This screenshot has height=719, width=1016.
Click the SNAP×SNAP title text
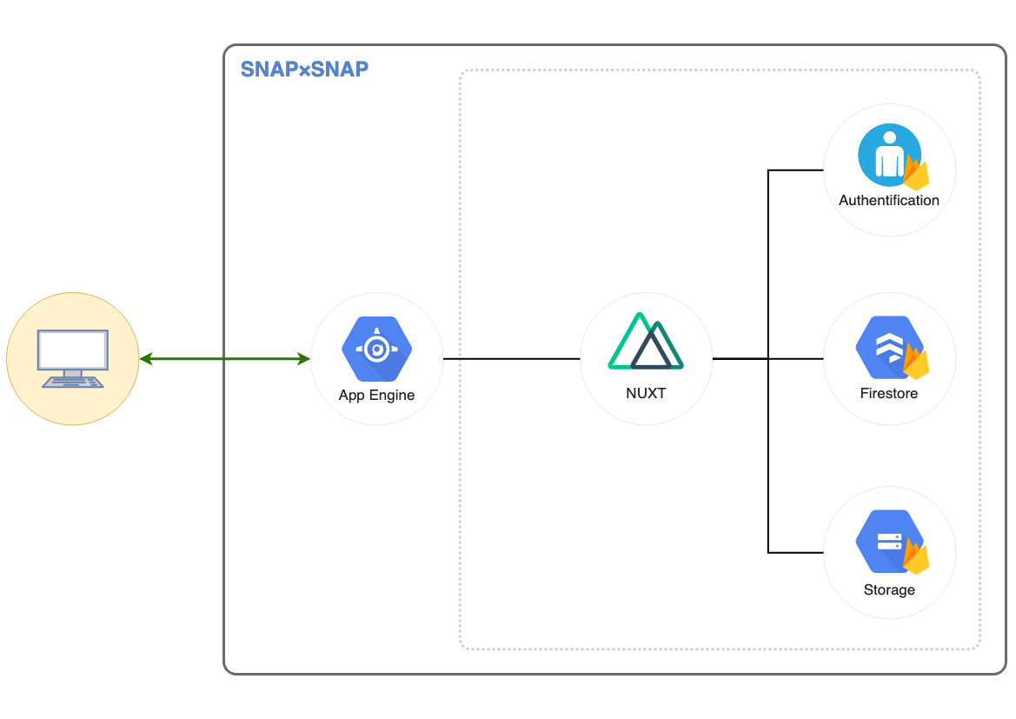point(304,70)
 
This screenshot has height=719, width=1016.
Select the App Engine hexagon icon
point(376,350)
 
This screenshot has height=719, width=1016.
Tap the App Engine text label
point(376,395)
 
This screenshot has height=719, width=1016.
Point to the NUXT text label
point(646,393)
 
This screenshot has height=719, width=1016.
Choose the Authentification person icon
point(887,155)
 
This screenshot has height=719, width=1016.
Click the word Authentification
point(888,200)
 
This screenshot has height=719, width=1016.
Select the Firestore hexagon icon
point(886,349)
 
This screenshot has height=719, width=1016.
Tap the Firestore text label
point(888,393)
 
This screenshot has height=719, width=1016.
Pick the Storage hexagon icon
point(886,543)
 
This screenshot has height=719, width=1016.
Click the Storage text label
point(888,590)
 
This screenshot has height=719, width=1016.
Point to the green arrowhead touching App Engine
point(304,358)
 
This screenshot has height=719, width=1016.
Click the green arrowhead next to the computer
point(146,358)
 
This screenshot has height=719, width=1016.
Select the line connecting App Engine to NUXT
point(511,358)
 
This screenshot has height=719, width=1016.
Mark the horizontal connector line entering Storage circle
point(795,552)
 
